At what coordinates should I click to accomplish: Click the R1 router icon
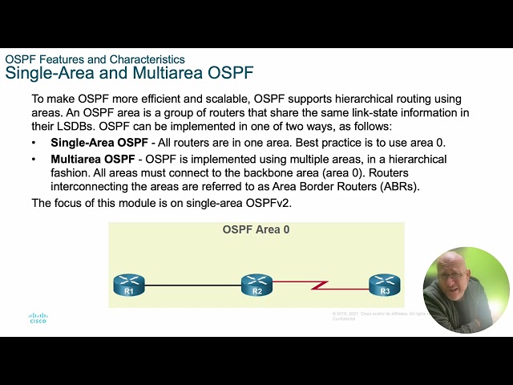coord(128,284)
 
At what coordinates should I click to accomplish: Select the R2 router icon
coord(256,284)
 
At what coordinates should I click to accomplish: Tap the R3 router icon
coord(385,284)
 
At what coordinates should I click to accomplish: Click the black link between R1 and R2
coord(192,284)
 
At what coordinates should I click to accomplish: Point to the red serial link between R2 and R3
coord(321,285)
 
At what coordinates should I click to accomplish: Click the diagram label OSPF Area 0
coord(256,230)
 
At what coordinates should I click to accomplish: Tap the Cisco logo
coord(38,318)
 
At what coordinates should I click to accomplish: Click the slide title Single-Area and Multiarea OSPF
coord(129,74)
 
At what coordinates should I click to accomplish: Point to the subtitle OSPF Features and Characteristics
coord(95,59)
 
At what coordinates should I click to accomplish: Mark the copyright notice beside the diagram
coord(377,314)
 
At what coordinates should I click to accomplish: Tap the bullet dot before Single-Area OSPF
coord(34,143)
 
